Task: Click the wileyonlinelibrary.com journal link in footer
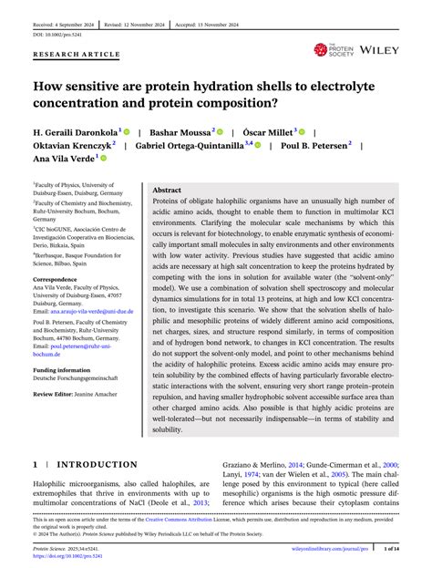coord(335,550)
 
